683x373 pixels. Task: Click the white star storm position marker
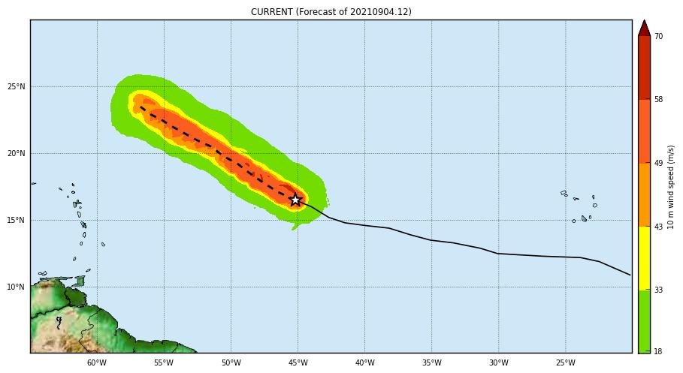tap(295, 200)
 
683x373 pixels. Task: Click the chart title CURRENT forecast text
tap(331, 12)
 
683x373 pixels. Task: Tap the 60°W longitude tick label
tap(97, 363)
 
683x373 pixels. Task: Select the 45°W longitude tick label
tap(298, 363)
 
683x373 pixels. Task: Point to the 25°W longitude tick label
tap(565, 363)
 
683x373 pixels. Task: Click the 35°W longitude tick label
tap(431, 363)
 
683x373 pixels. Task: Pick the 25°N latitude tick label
tap(16, 87)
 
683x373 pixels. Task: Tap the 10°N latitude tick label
tap(16, 287)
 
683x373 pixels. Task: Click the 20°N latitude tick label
tap(16, 154)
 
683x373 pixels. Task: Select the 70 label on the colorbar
tap(658, 36)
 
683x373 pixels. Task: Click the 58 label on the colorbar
tap(658, 99)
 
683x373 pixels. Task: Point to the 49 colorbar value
tap(658, 163)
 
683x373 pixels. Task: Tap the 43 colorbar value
tap(658, 227)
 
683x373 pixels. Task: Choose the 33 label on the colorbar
tap(658, 290)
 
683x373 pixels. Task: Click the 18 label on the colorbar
tap(658, 351)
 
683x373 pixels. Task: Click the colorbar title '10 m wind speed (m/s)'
tap(672, 188)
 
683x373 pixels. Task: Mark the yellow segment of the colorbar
tap(644, 258)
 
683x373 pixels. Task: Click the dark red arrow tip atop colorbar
tap(644, 27)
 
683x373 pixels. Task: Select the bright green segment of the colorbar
tap(644, 320)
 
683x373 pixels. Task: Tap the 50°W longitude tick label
tap(231, 363)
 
